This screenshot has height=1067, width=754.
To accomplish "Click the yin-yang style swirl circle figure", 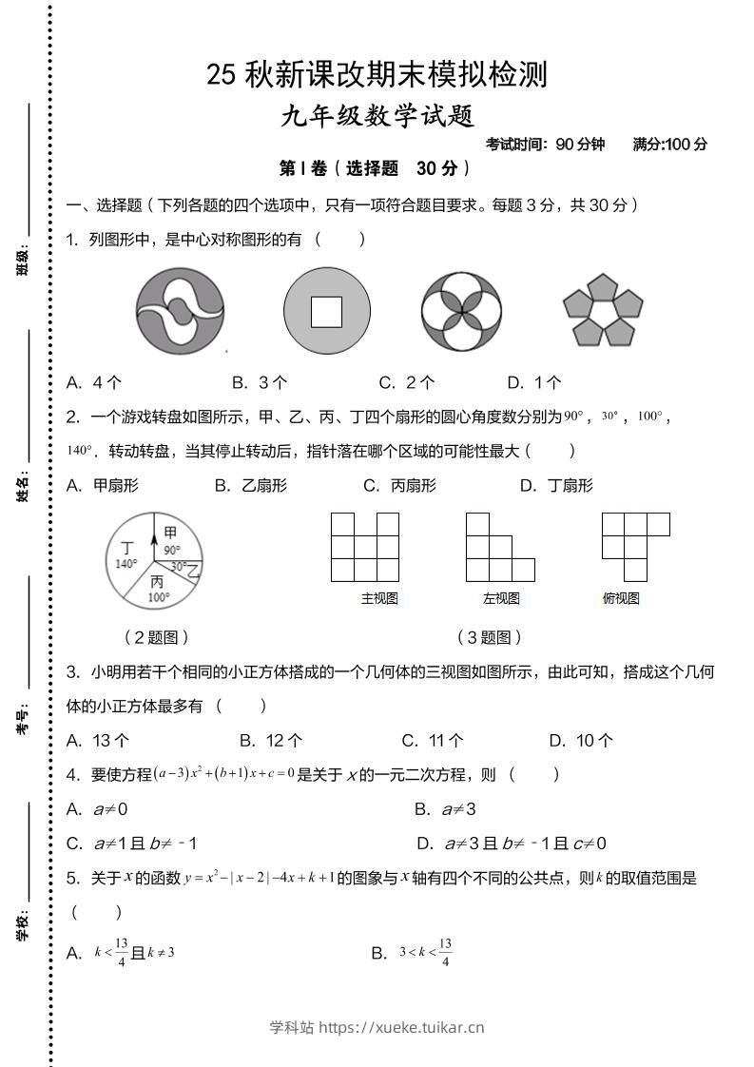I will click(x=180, y=310).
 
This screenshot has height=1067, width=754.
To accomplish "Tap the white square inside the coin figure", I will click(x=326, y=311).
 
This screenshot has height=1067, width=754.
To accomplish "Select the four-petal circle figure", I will click(x=461, y=310).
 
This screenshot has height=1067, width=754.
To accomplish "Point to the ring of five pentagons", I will click(x=602, y=311).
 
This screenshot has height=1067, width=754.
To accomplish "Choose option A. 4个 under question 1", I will click(x=94, y=382).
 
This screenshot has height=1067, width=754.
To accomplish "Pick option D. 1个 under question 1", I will click(x=534, y=382).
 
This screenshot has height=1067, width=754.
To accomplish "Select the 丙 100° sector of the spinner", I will click(x=157, y=589).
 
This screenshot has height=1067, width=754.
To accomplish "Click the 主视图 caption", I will click(x=378, y=598).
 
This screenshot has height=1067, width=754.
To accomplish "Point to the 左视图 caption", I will click(x=501, y=598).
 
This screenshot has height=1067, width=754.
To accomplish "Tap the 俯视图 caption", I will click(x=621, y=598).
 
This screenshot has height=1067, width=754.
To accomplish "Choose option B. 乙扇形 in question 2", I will click(x=251, y=485).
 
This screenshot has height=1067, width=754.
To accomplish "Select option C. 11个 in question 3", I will click(x=433, y=740).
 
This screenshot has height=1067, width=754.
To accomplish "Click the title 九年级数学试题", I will click(x=377, y=116).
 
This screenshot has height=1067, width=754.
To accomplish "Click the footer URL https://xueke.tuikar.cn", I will click(x=400, y=1027).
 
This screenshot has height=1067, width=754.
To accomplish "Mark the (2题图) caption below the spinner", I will click(x=157, y=637).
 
